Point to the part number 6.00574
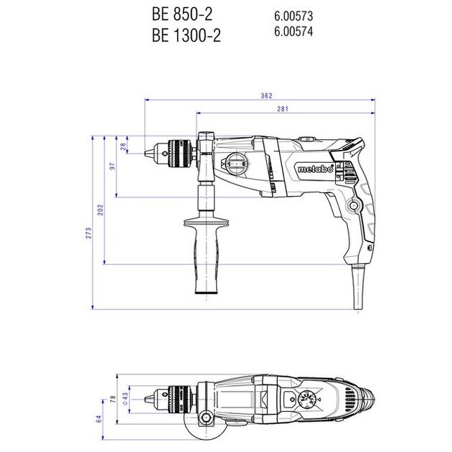(x=293, y=31)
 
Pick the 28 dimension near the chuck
(x=123, y=146)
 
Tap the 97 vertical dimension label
(x=112, y=166)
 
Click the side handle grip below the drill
(x=208, y=248)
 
